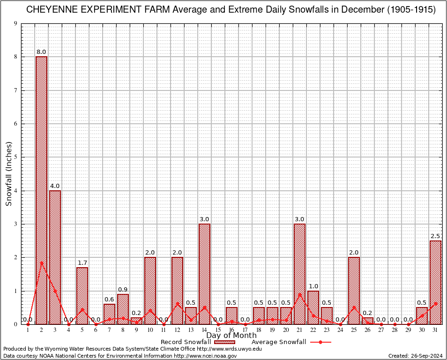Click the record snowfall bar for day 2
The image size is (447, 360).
tap(41, 190)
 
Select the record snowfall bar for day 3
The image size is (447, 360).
tap(55, 257)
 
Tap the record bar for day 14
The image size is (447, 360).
tap(204, 274)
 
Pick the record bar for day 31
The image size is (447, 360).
tap(435, 282)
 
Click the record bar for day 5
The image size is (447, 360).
tap(82, 295)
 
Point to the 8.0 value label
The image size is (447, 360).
tap(41, 52)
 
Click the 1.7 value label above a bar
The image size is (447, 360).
tap(82, 262)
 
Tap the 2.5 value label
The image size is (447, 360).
tap(435, 235)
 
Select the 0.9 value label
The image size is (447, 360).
tap(123, 289)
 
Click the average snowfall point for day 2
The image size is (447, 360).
tap(41, 263)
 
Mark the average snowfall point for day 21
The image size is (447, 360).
tap(299, 294)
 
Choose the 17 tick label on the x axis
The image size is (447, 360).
tap(245, 330)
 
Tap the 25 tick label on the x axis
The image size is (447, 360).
tap(354, 330)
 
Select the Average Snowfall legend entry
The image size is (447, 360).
tap(279, 342)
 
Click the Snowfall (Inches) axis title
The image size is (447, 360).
tap(9, 174)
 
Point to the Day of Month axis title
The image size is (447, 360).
tap(231, 335)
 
